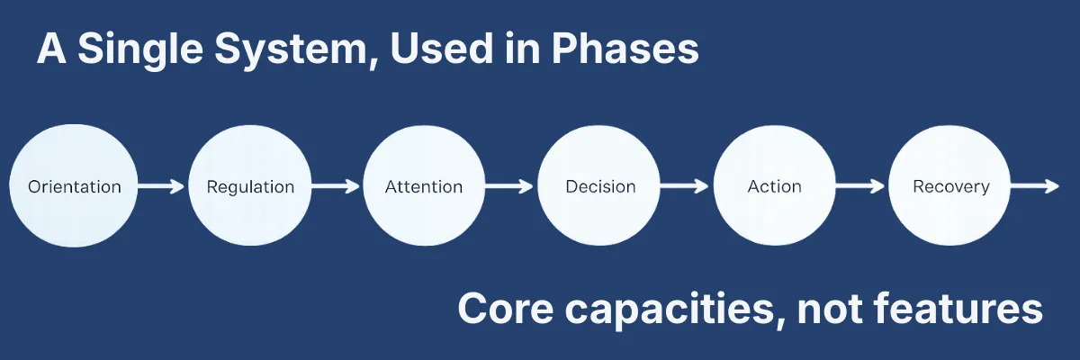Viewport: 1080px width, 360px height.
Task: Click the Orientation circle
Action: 75,187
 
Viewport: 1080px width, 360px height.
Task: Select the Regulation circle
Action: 250,187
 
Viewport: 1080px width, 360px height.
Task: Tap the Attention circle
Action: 424,187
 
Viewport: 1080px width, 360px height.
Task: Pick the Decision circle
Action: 600,187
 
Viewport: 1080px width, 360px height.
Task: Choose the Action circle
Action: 775,187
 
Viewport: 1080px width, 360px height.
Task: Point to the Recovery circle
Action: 950,187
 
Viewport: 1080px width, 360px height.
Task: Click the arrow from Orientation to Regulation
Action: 162,187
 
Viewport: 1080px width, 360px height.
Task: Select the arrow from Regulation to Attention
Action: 337,187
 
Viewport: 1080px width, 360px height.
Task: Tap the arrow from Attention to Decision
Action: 512,187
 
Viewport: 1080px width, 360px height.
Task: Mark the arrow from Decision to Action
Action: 688,187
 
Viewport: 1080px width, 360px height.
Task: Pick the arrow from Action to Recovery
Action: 862,187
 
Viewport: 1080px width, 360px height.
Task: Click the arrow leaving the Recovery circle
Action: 1035,187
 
